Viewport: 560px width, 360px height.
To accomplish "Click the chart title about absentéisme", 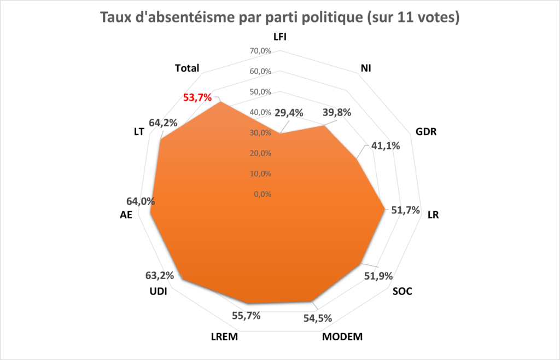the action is [x=279, y=17].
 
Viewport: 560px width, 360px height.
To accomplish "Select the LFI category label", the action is [x=280, y=37].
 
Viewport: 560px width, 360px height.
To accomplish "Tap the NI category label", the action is [x=366, y=68].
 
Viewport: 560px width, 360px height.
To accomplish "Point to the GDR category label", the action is [x=426, y=132].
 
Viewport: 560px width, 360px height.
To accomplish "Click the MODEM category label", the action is [x=342, y=337].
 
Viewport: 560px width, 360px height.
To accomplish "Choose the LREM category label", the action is [x=224, y=337].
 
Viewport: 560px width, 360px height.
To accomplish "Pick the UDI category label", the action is [x=158, y=292].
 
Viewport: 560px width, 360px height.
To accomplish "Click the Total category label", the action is [x=187, y=68].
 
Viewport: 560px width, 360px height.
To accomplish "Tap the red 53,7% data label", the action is [x=197, y=97].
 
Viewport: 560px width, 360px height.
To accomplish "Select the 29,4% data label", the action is [x=289, y=113].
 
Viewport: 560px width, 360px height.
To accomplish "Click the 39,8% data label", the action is [x=337, y=113].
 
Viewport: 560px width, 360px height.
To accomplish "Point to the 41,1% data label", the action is [x=386, y=146].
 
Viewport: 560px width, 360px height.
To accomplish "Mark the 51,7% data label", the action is [x=405, y=210].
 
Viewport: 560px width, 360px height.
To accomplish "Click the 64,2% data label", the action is [x=163, y=123].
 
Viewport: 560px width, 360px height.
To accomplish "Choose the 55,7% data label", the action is [x=246, y=316].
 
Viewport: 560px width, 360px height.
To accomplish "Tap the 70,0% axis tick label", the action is [x=260, y=51].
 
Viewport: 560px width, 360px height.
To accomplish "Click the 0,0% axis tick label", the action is [x=262, y=194].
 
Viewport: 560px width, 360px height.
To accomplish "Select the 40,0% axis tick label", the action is [x=260, y=113].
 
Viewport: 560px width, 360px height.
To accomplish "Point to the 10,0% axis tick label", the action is [x=260, y=174].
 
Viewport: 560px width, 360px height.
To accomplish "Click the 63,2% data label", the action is [x=160, y=276].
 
